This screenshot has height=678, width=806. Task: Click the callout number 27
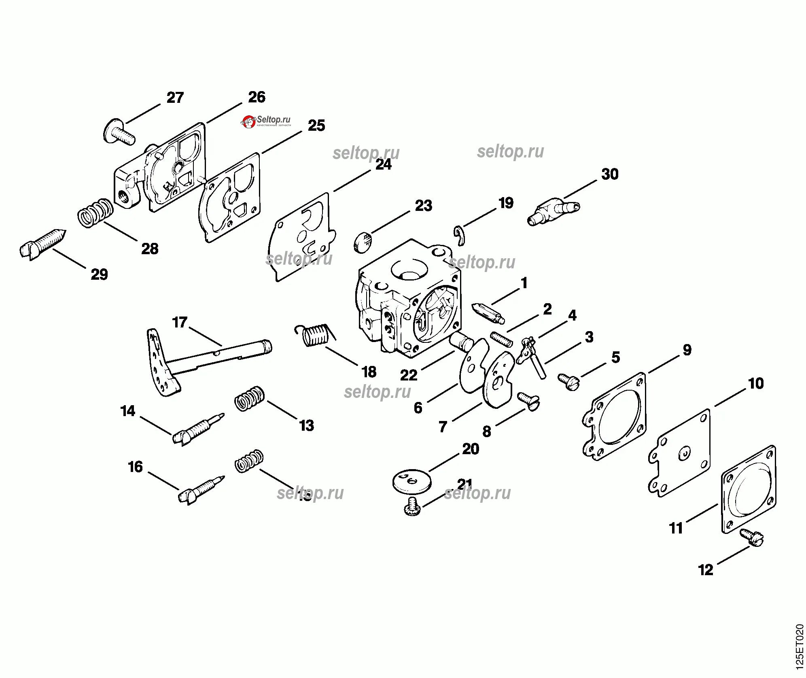(x=175, y=98)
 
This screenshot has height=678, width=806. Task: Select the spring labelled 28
(x=95, y=213)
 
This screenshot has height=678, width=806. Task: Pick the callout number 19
(x=506, y=203)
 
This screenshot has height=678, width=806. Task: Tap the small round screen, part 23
(x=364, y=242)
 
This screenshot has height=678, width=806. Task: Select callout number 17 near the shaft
(x=180, y=323)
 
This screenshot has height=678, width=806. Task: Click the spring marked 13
(x=250, y=399)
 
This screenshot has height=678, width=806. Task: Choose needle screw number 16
(x=201, y=490)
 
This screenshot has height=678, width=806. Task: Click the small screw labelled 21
(x=412, y=506)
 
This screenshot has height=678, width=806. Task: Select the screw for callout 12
(x=751, y=537)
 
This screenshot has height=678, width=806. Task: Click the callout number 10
(x=755, y=383)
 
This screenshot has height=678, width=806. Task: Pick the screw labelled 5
(x=569, y=381)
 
